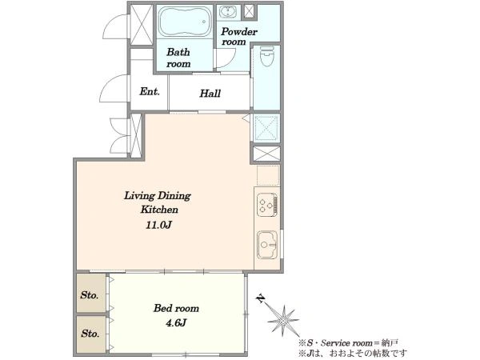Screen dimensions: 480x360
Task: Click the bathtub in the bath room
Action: (185, 22)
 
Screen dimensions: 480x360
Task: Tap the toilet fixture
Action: (266, 56)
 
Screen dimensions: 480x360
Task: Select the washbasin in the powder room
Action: (228, 12)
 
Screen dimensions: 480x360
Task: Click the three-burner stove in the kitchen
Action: (267, 205)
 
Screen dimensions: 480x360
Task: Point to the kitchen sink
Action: (267, 245)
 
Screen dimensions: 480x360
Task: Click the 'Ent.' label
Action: (150, 91)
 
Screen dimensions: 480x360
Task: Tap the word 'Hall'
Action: (210, 93)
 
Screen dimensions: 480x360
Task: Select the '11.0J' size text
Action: (158, 226)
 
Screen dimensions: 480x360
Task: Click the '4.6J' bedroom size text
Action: (176, 322)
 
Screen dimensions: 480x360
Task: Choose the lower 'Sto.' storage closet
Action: (91, 334)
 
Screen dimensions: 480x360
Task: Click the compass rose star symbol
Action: (283, 321)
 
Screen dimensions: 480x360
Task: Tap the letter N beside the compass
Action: (261, 298)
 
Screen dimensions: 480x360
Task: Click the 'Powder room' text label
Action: (238, 37)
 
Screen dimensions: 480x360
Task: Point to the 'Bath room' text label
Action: (178, 58)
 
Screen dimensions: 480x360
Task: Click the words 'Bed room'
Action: (176, 308)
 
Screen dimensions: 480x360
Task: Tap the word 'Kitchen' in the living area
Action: (159, 210)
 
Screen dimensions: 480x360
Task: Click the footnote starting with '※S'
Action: (349, 343)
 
